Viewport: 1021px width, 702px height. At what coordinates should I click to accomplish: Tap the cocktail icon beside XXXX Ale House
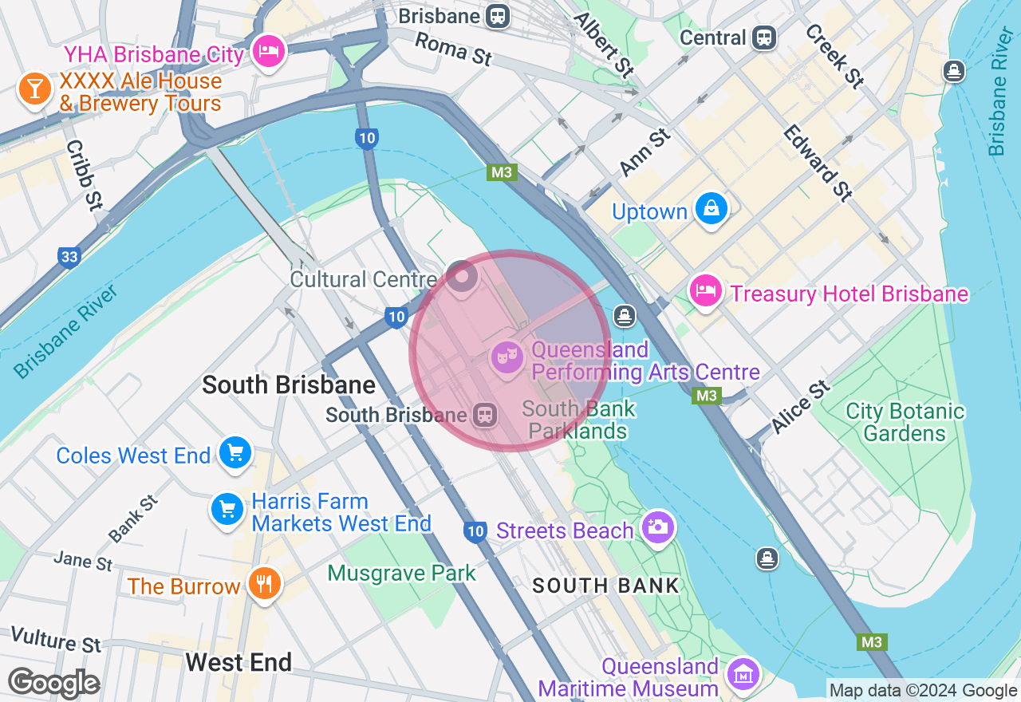point(34,89)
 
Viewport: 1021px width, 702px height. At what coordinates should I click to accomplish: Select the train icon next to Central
point(764,37)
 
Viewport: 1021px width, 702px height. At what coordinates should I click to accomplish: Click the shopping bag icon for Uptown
point(711,209)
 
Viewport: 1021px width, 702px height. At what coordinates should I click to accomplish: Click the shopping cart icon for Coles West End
point(235,453)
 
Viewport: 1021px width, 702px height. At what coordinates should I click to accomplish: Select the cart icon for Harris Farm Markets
point(227,508)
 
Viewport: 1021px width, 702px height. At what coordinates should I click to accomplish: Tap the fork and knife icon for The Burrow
point(264,584)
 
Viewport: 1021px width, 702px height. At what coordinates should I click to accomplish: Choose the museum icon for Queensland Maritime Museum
point(743,676)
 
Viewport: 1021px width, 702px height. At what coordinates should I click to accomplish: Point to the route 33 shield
point(69,257)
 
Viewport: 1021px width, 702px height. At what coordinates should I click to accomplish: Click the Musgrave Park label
point(401,573)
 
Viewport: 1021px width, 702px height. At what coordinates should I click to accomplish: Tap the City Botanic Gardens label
point(905,423)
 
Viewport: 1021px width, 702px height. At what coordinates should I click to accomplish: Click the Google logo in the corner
point(53,683)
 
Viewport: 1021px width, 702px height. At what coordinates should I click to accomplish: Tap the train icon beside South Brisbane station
point(484,415)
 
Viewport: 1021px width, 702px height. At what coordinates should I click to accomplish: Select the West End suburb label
point(238,662)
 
